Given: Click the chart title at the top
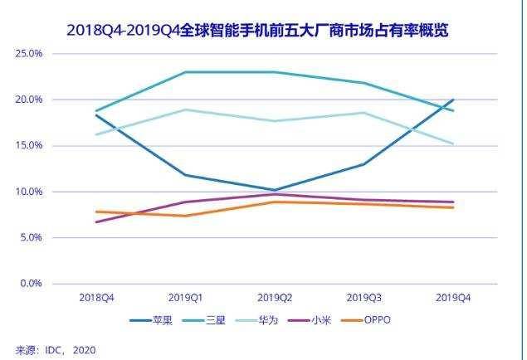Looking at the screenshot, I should click(x=264, y=31).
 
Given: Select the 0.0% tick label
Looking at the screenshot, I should click(x=32, y=284).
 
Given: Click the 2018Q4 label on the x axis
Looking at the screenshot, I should click(x=96, y=297).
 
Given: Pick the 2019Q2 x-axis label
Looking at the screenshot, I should click(x=276, y=297).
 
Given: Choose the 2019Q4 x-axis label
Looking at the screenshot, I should click(x=454, y=297).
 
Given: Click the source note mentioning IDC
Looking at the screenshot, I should click(x=56, y=350).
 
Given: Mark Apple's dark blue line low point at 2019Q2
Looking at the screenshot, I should click(x=276, y=190).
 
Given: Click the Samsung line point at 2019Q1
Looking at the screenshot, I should click(x=186, y=72).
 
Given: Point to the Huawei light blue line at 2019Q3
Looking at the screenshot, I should click(x=364, y=113).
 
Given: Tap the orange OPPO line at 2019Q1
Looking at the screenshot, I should click(x=186, y=216).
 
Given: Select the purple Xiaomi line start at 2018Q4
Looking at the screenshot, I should click(x=96, y=222).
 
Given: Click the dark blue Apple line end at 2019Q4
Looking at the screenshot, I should click(x=454, y=100).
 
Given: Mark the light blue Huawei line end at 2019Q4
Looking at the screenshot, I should click(x=454, y=144).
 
